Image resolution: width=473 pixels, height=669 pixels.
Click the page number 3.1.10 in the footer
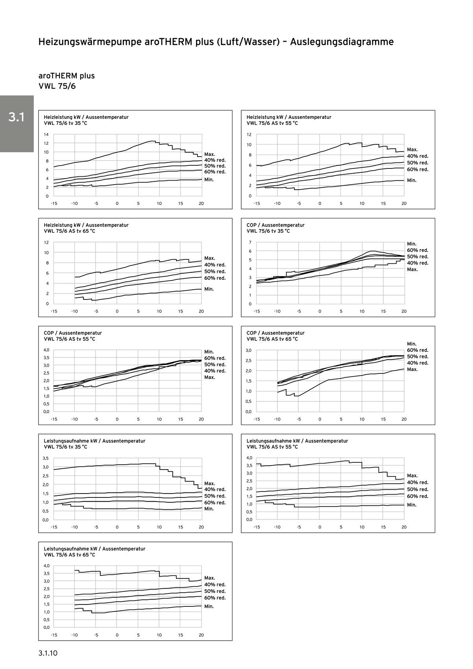click(48, 653)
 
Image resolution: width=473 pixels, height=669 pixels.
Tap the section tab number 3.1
click(17, 117)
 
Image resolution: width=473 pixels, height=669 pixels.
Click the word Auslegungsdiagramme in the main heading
click(342, 42)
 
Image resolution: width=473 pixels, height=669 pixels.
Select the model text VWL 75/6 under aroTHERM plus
click(57, 86)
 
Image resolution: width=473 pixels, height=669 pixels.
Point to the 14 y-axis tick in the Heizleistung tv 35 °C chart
click(46, 135)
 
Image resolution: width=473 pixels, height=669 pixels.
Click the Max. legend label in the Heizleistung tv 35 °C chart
click(210, 154)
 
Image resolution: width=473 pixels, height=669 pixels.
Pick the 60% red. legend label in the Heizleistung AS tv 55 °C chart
click(418, 170)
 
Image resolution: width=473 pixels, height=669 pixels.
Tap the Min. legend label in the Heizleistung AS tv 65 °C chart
click(209, 289)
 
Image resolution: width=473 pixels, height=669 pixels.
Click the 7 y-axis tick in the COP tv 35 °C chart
click(250, 242)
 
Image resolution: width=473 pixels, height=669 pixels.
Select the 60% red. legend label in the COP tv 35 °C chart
click(418, 250)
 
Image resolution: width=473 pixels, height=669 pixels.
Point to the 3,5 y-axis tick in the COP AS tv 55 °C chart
click(46, 358)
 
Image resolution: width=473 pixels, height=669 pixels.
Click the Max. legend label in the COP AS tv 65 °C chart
click(412, 370)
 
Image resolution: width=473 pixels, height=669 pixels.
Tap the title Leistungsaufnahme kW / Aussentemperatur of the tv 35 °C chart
click(94, 441)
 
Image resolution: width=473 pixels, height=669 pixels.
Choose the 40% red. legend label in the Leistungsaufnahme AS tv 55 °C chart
click(418, 482)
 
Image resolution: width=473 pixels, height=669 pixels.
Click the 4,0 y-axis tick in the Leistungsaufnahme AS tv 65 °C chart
click(46, 566)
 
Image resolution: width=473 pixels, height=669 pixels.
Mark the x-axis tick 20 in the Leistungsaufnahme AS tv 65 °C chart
click(201, 635)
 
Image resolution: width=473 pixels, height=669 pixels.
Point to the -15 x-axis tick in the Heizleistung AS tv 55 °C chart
click(257, 203)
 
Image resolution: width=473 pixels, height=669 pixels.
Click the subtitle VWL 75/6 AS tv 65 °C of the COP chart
click(272, 339)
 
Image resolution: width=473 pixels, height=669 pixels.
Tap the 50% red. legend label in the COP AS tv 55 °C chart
click(215, 365)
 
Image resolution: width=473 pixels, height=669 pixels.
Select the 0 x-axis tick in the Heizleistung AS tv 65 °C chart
click(117, 311)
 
